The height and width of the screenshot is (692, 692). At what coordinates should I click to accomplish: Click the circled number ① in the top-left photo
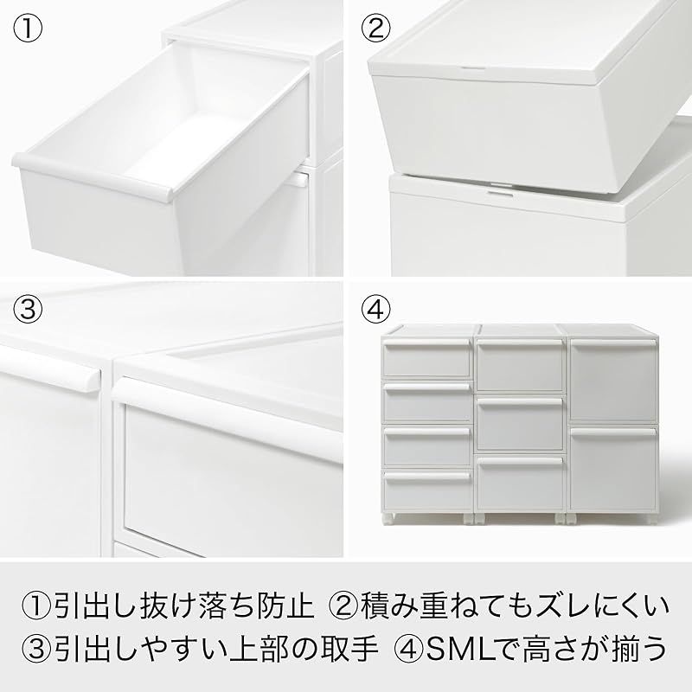(x=29, y=29)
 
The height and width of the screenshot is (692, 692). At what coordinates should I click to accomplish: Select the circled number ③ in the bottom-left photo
(x=29, y=308)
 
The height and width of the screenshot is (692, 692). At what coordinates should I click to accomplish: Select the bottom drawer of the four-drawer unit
(x=427, y=488)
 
